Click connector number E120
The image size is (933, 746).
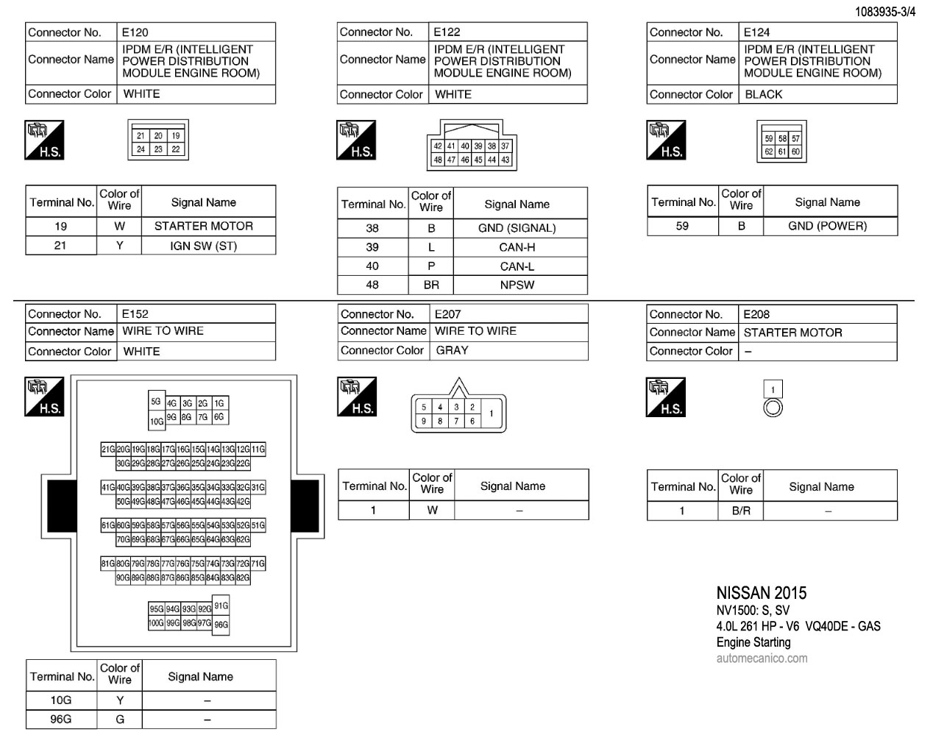(x=135, y=32)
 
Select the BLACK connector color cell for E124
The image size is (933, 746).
(x=763, y=94)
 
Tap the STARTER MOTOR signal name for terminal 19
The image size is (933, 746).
(x=203, y=226)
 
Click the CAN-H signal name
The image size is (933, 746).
(x=517, y=247)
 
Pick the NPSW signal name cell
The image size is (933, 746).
(x=517, y=285)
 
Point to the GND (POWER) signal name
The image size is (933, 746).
(x=827, y=226)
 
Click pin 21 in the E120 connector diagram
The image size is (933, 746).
(x=141, y=136)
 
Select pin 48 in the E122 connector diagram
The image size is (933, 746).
(x=438, y=160)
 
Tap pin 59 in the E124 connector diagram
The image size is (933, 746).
(x=769, y=139)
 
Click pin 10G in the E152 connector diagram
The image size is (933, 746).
(x=156, y=422)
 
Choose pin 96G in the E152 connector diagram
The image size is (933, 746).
(x=221, y=625)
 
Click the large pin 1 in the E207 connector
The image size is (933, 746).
(x=492, y=413)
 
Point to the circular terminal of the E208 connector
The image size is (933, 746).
(x=773, y=408)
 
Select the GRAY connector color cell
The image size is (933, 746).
(x=452, y=350)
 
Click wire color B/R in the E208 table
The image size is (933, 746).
(x=741, y=511)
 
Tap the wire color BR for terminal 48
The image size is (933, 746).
(x=431, y=285)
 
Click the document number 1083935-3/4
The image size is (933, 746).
(x=885, y=13)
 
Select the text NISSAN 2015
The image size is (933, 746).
(x=761, y=593)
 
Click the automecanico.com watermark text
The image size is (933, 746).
(x=762, y=658)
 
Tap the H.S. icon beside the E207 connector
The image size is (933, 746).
(x=357, y=397)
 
